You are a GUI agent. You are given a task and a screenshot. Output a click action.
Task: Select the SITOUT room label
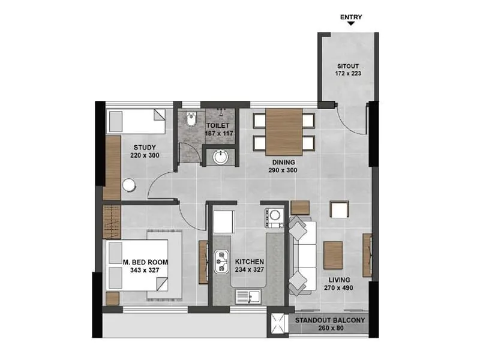point(347,66)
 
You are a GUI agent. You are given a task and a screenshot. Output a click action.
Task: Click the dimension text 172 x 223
point(347,74)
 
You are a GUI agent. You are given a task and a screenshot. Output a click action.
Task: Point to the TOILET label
point(218,125)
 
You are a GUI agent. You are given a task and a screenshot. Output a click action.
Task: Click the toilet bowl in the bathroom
point(191,121)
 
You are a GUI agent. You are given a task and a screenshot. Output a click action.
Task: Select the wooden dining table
point(284,131)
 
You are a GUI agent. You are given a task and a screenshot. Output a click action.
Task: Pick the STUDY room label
point(145,148)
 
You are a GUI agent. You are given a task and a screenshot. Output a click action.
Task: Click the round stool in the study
point(129,185)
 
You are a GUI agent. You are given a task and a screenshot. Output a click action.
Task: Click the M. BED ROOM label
point(145,262)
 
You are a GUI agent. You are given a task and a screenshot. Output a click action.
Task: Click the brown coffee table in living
point(333,255)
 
